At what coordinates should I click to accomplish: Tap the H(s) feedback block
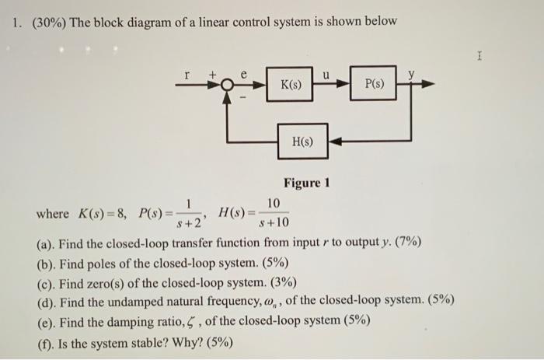(302, 142)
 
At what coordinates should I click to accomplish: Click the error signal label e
(242, 72)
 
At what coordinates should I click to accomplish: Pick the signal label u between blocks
(327, 72)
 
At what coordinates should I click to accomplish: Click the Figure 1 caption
(307, 183)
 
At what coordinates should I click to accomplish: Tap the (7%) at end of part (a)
(407, 243)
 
